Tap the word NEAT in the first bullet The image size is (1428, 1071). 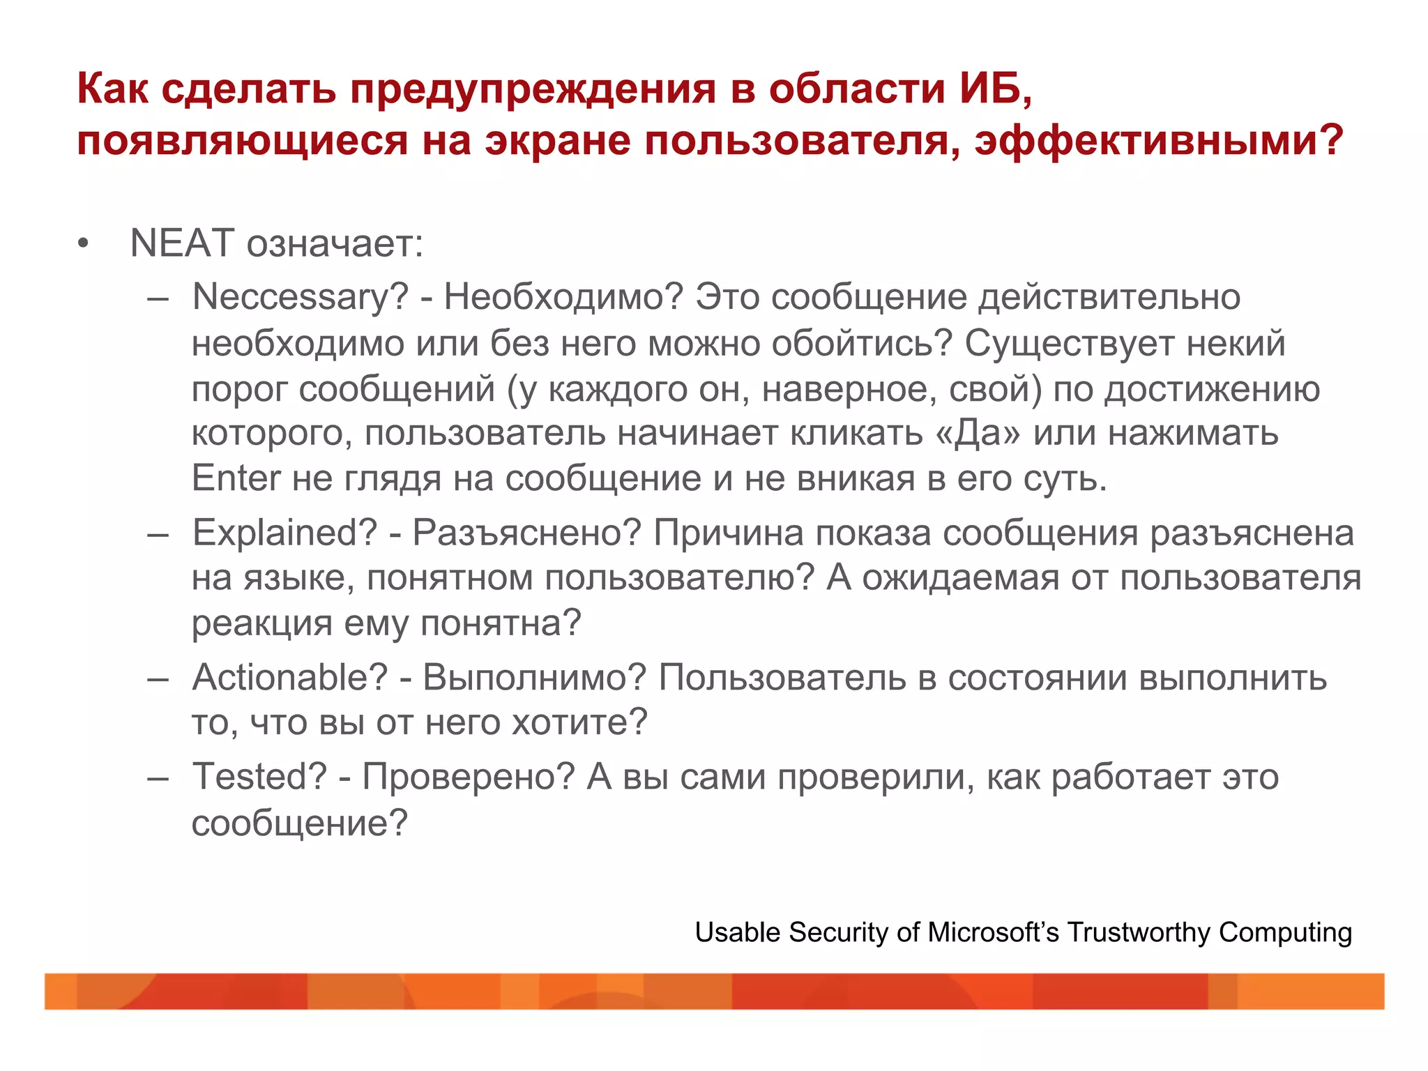181,243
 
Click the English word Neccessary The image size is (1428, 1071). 300,298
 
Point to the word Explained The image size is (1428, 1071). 284,533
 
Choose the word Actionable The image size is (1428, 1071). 289,678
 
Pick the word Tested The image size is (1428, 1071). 259,777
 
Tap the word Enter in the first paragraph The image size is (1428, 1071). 236,479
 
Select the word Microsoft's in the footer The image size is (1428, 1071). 993,933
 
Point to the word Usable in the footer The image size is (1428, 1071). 737,933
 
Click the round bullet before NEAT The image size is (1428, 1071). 84,245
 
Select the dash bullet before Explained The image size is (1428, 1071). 158,534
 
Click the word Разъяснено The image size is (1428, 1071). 526,533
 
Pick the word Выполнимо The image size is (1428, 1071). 535,678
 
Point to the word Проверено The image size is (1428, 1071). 468,777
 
